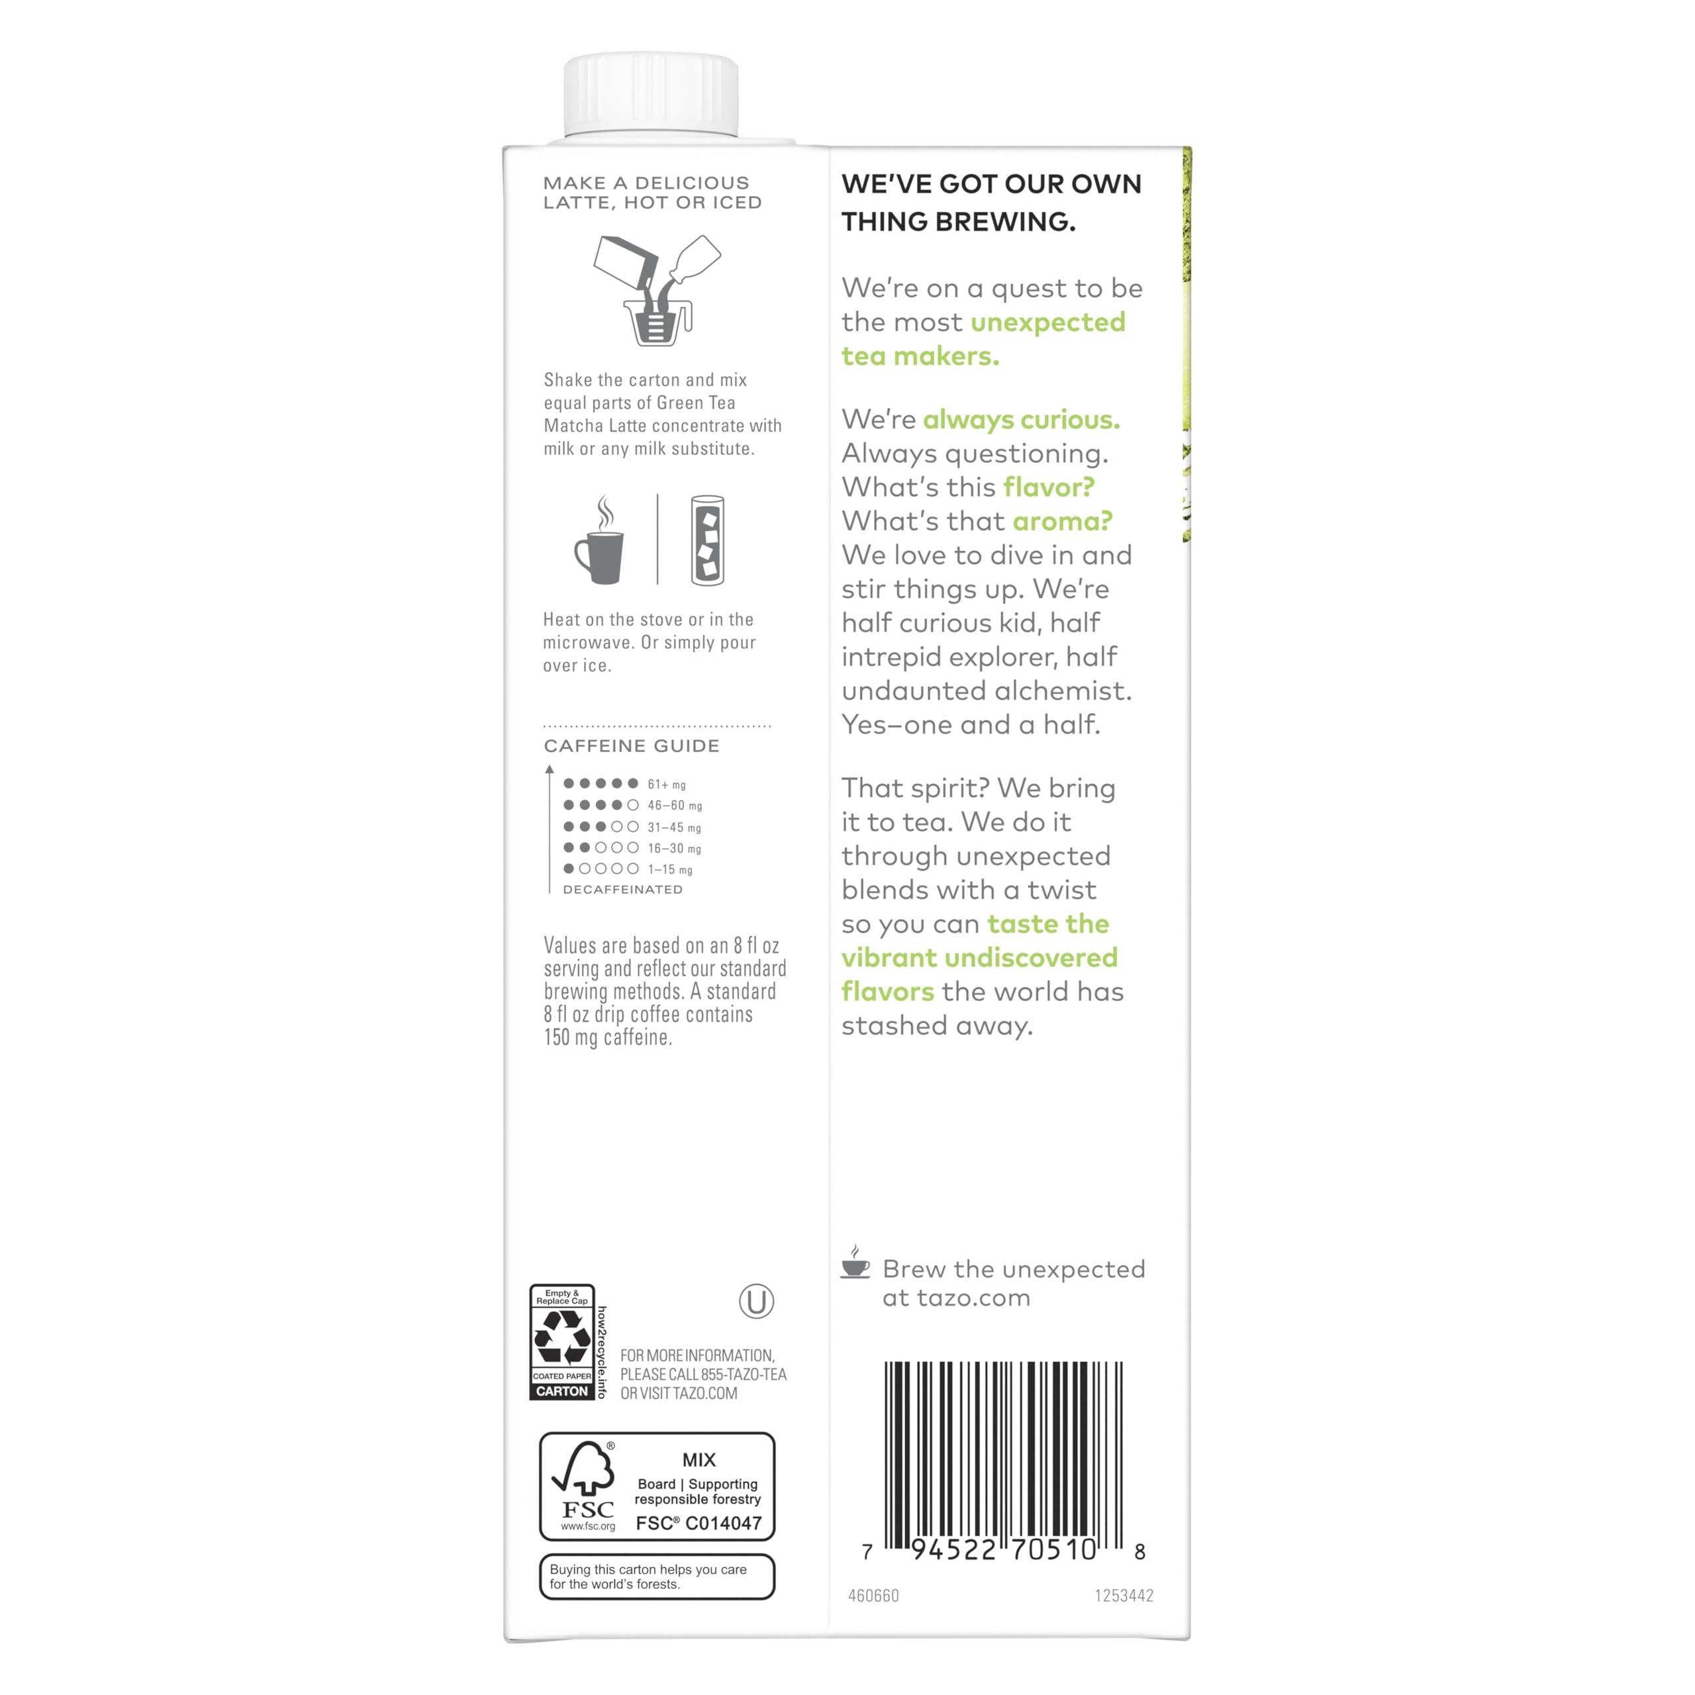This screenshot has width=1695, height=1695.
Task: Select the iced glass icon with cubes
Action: [x=707, y=540]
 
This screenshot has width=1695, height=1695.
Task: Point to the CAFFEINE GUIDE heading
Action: [x=631, y=746]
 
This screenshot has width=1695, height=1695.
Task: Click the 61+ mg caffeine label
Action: [x=667, y=785]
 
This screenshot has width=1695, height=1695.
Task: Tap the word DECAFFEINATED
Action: [x=622, y=890]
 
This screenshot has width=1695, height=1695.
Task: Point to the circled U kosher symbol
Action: [x=756, y=1301]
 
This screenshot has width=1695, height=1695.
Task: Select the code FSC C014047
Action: [x=699, y=1523]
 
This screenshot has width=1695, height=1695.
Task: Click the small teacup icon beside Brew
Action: [x=855, y=1263]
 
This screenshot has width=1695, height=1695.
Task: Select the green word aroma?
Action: [x=1061, y=521]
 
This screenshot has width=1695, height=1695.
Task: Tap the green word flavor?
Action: [x=1048, y=487]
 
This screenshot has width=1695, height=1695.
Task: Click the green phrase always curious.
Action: [x=1020, y=419]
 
